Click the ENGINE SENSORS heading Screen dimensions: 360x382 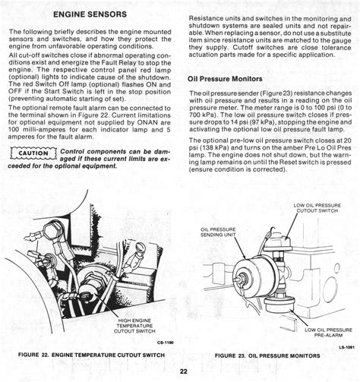point(90,14)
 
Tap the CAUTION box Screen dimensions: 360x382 point(33,153)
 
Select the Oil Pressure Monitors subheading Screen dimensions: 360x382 point(225,79)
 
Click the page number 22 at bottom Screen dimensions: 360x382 point(184,371)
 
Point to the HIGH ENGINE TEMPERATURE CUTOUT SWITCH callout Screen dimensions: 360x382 point(134,326)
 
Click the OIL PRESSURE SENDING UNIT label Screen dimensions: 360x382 point(218,232)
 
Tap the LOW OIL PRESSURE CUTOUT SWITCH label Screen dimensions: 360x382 point(317,208)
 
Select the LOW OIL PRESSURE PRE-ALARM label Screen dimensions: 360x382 point(328,333)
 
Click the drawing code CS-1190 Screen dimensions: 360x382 point(165,343)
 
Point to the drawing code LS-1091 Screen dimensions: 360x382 point(346,348)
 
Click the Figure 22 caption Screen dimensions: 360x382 point(91,355)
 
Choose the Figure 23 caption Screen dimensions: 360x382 point(267,355)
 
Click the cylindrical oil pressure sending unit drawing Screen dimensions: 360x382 point(253,275)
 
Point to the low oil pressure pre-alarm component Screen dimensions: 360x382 point(279,305)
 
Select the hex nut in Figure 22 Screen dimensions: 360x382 point(52,232)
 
